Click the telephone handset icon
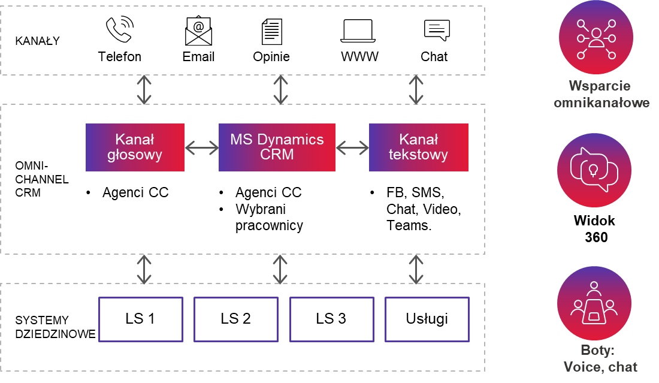pos(119,30)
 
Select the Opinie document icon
pos(271,31)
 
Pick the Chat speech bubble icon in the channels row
pos(436,30)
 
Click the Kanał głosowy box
pos(135,147)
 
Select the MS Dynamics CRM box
pos(277,147)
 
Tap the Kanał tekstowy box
pos(418,147)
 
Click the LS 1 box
pos(140,319)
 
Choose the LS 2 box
pos(235,319)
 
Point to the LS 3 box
pos(331,319)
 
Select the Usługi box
pos(426,319)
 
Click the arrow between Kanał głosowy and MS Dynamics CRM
pos(201,147)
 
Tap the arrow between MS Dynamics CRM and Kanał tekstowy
pos(352,147)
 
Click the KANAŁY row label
pos(37,41)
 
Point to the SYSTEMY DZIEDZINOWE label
pos(55,327)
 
